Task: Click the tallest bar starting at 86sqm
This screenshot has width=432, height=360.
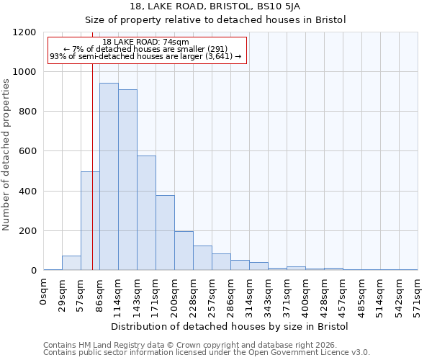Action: click(x=109, y=176)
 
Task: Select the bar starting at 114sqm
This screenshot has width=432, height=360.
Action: click(x=127, y=180)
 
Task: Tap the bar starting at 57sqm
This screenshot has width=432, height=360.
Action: click(x=90, y=220)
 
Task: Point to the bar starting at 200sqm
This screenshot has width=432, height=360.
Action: click(x=184, y=251)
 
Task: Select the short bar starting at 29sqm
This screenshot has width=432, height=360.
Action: click(x=71, y=263)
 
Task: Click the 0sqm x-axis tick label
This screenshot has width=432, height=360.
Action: click(x=44, y=292)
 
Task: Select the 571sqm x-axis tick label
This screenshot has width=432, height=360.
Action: click(x=418, y=295)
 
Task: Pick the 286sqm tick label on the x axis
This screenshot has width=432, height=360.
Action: click(x=231, y=295)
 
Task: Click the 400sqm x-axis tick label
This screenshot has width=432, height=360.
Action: click(x=306, y=295)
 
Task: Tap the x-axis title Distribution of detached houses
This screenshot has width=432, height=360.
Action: click(x=230, y=326)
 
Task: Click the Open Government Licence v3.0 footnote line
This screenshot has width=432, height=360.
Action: click(x=206, y=353)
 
